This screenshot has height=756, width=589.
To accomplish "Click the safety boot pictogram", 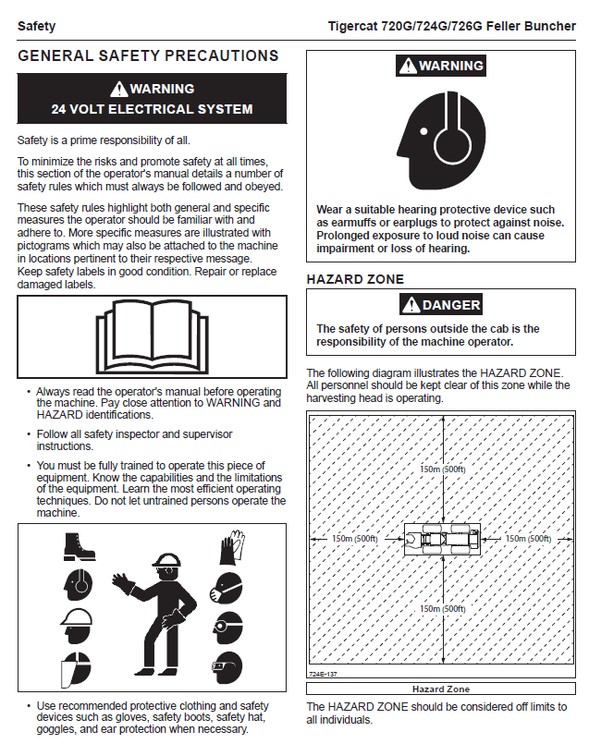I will pyautogui.click(x=76, y=546).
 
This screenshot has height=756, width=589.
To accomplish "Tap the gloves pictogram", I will pyautogui.click(x=229, y=546).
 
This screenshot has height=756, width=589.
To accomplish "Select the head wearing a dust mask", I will pyautogui.click(x=227, y=586).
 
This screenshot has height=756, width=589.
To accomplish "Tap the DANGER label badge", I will pyautogui.click(x=441, y=305).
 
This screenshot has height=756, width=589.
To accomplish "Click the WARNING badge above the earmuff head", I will pyautogui.click(x=441, y=66).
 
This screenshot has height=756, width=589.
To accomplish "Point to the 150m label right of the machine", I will pyautogui.click(x=528, y=538).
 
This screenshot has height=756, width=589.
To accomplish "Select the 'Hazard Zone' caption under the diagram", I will pyautogui.click(x=440, y=689).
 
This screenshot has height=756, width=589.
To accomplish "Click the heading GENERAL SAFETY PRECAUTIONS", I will pyautogui.click(x=148, y=56).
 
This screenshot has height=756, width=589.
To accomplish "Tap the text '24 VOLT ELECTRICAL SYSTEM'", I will pyautogui.click(x=152, y=109).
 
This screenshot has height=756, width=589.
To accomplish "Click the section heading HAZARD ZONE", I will pyautogui.click(x=355, y=279).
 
